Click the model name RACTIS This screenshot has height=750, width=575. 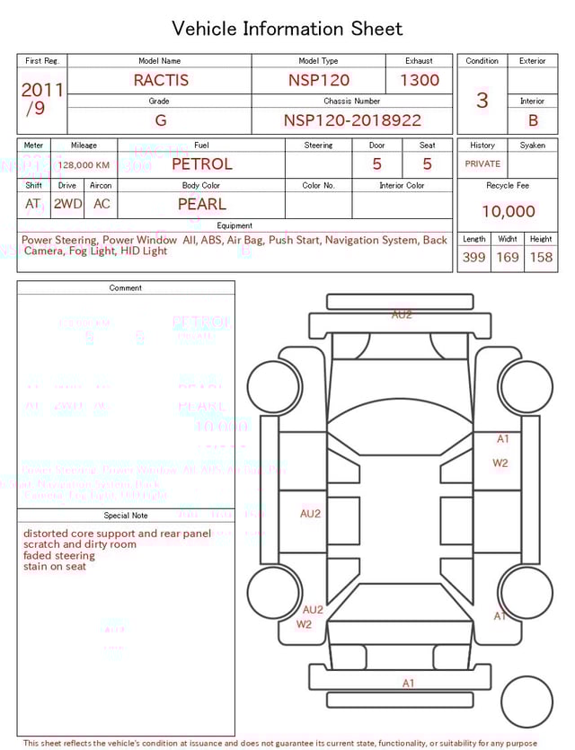pos(161,80)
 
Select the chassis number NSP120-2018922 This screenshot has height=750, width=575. pos(352,120)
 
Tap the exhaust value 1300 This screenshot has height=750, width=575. pos(420,80)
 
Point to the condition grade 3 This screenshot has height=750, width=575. pos(482,100)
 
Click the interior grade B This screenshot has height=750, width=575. pos(533,120)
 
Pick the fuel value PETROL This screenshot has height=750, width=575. pos(202,163)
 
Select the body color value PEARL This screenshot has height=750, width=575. pos(202,204)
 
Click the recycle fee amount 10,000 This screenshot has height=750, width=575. pos(508,212)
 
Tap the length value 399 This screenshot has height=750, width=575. pos(473,258)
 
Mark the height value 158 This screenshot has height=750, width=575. pos(541,258)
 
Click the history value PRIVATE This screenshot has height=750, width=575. pos(482,164)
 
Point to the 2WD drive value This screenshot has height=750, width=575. pos(67,204)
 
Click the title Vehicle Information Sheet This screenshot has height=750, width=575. pos(287,29)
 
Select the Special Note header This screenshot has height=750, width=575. pos(126,516)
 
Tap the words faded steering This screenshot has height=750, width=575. pos(59,556)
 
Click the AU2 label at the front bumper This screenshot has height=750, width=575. pos(402,315)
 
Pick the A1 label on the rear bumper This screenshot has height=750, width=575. pos(409,684)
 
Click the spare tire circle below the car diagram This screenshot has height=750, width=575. pos(527,701)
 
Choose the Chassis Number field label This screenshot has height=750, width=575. pos(352,101)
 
